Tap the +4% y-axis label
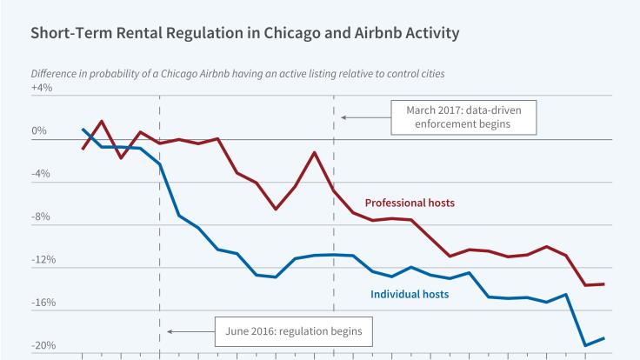[41, 88]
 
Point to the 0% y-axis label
[39, 132]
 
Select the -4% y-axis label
[42, 174]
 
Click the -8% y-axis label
[42, 217]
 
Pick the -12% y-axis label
[43, 260]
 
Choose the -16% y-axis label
[43, 303]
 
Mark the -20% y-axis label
[43, 346]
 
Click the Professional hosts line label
[410, 203]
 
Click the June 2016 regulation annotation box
[294, 331]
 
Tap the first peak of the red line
[102, 121]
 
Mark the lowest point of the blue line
[585, 345]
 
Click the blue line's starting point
[83, 130]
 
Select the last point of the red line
[603, 283]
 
